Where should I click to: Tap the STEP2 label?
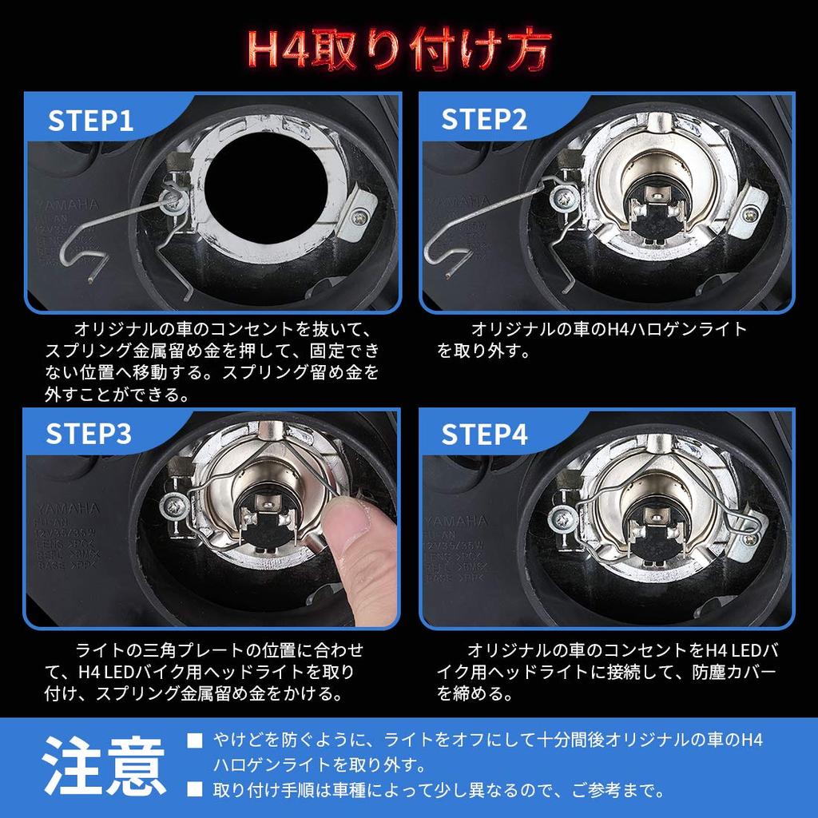[x=485, y=120]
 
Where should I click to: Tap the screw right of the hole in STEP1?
[x=364, y=214]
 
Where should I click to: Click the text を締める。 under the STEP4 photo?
[x=475, y=693]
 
